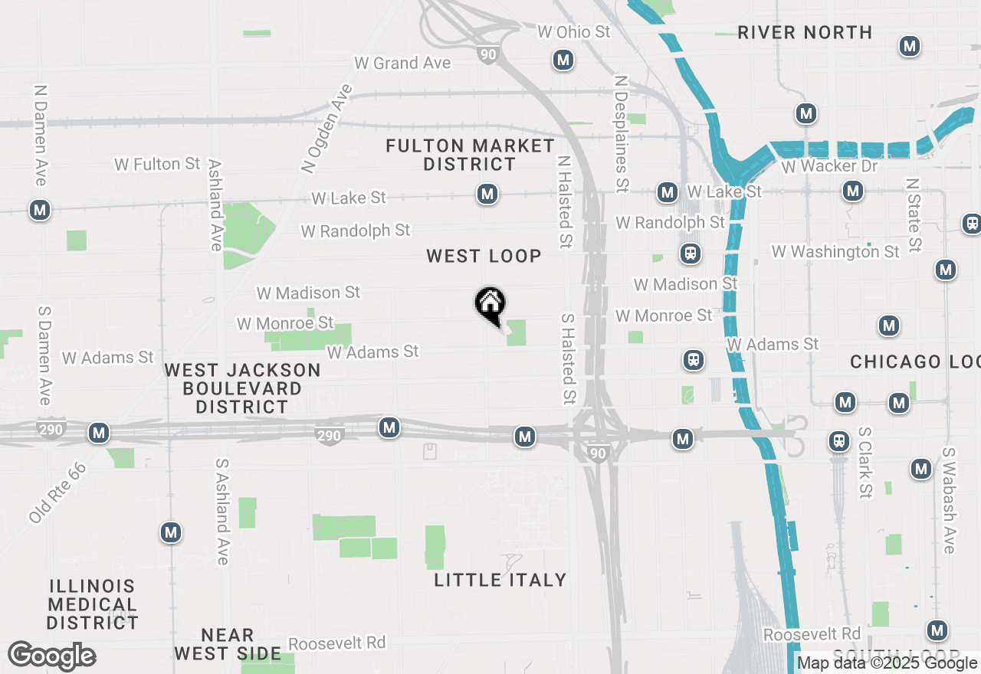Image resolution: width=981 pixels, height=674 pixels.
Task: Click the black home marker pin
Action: click(490, 305)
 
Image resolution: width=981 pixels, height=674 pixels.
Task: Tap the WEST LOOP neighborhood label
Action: click(484, 256)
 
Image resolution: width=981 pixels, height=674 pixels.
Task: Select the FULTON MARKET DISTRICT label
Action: click(470, 155)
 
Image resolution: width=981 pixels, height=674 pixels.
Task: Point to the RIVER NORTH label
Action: click(805, 32)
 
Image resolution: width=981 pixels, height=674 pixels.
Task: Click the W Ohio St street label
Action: click(573, 31)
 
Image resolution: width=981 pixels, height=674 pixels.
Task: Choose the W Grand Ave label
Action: click(402, 63)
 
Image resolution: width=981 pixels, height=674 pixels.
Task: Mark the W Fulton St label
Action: click(157, 164)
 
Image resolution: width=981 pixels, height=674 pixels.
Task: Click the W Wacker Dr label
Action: click(830, 166)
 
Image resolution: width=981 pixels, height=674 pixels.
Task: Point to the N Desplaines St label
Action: click(622, 133)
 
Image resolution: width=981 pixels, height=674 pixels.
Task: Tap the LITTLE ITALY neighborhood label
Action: click(500, 580)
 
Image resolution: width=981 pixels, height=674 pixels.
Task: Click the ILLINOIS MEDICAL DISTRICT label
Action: click(92, 604)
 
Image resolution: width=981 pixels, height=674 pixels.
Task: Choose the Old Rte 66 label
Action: click(57, 492)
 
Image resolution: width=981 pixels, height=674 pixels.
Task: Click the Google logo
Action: click(51, 656)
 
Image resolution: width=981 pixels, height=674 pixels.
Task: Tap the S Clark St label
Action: click(865, 463)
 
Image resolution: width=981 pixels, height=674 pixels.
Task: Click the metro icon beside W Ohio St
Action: click(563, 60)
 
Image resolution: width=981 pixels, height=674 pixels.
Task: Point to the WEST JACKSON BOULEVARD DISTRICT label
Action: click(242, 388)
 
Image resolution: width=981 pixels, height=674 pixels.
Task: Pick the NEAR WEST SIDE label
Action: click(227, 644)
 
